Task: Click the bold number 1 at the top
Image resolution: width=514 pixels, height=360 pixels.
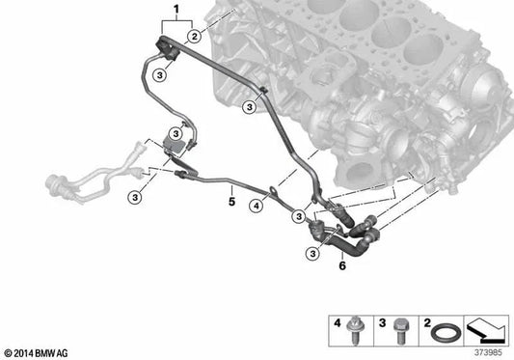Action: pos(176,10)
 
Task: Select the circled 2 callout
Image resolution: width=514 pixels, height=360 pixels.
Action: pos(195,36)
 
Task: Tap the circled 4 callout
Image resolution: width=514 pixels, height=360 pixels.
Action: pos(256,207)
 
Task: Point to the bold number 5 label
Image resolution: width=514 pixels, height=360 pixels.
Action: pos(231,201)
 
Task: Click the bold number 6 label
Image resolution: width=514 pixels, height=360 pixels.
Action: pos(342,265)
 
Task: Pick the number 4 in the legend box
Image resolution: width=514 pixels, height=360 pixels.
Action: pos(338,323)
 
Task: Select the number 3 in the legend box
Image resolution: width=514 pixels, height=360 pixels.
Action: pos(382,323)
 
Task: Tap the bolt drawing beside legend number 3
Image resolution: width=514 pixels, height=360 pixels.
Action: pos(399,331)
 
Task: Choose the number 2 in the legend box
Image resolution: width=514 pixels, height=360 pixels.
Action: pos(427,323)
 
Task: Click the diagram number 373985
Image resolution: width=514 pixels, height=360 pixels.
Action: pos(488,353)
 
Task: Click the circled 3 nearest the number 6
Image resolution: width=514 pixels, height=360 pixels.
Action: pos(312,253)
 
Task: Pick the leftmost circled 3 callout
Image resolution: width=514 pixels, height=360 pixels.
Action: pos(135,198)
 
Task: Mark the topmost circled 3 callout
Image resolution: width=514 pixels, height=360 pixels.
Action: pos(160,75)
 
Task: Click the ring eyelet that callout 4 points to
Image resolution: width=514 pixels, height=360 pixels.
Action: pos(273,189)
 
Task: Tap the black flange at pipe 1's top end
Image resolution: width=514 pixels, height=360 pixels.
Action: pos(167,49)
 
